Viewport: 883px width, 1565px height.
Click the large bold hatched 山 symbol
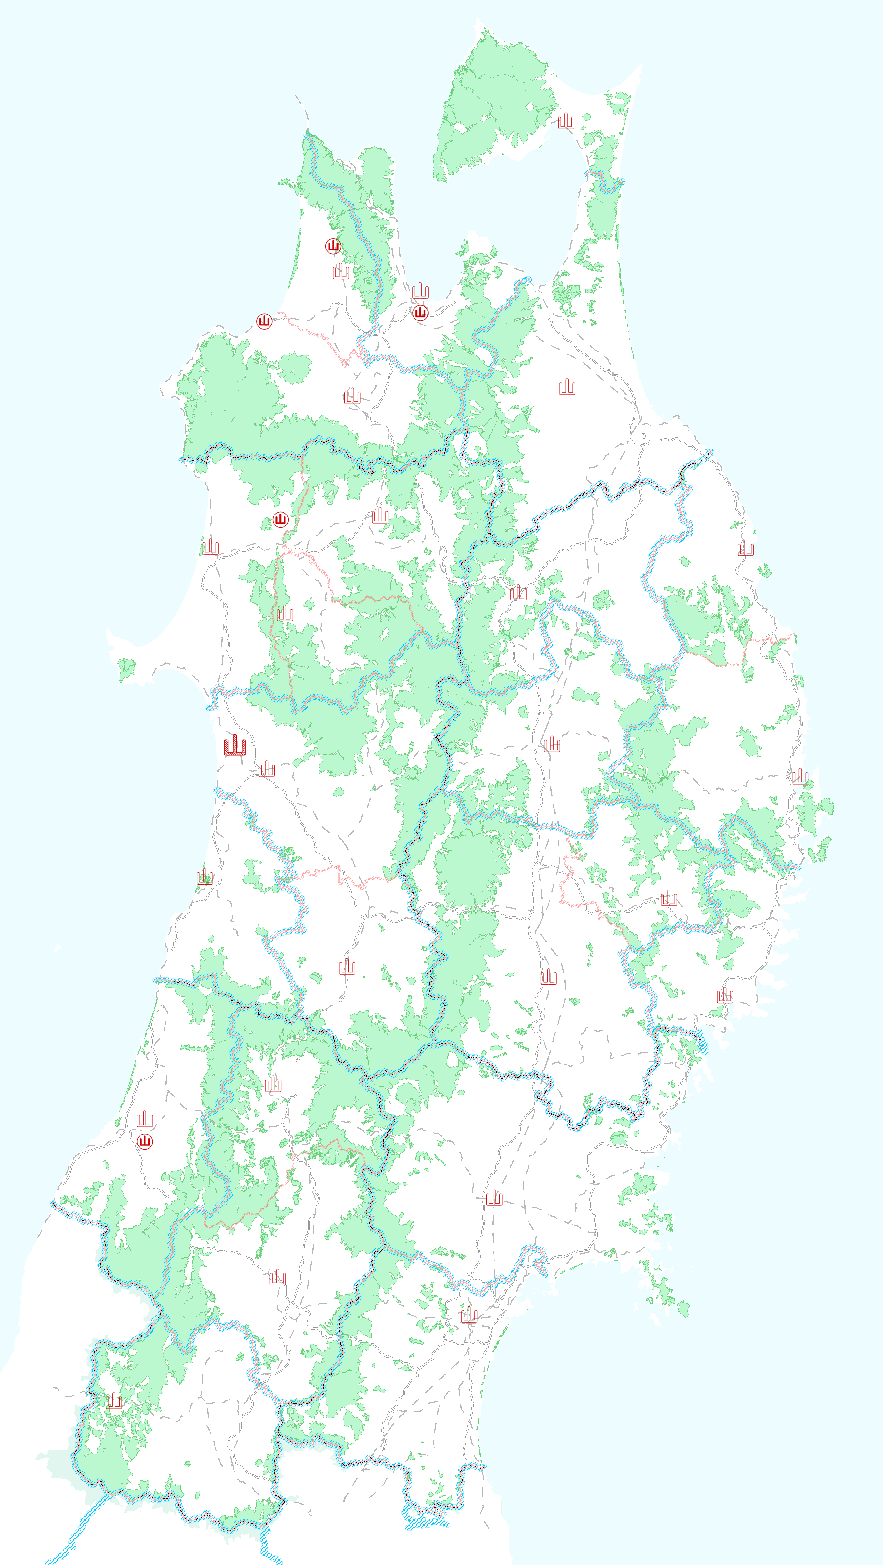tap(235, 745)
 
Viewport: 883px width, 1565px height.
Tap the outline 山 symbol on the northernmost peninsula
tap(566, 121)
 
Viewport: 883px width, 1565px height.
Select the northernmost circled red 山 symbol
tap(333, 246)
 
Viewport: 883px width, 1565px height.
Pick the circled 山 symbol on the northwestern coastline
tap(264, 321)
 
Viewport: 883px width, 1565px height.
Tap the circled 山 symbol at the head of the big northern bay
tap(419, 313)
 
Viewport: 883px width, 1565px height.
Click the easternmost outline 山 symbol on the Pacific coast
tap(800, 776)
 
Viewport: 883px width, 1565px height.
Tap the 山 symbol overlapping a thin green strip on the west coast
tap(205, 877)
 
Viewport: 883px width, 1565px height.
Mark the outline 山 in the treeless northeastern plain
tap(567, 387)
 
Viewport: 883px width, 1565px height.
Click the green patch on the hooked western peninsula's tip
tap(126, 670)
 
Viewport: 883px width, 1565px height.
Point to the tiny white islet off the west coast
tap(57, 948)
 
